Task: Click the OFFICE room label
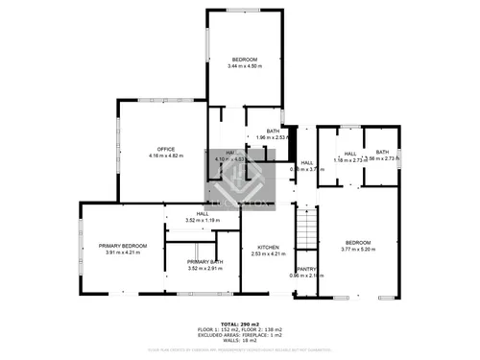pyautogui.click(x=165, y=149)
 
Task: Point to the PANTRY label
pyautogui.click(x=306, y=269)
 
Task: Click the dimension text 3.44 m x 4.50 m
pyautogui.click(x=245, y=66)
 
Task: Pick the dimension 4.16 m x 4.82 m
pyautogui.click(x=165, y=156)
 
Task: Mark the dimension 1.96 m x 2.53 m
pyautogui.click(x=274, y=137)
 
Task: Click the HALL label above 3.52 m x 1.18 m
pyautogui.click(x=203, y=213)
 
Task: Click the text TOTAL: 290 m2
pyautogui.click(x=240, y=325)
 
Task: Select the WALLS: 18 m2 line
pyautogui.click(x=240, y=341)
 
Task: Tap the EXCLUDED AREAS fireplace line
pyautogui.click(x=240, y=336)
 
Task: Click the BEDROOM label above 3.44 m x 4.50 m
pyautogui.click(x=245, y=60)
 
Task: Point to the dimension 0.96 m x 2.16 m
pyautogui.click(x=306, y=276)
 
